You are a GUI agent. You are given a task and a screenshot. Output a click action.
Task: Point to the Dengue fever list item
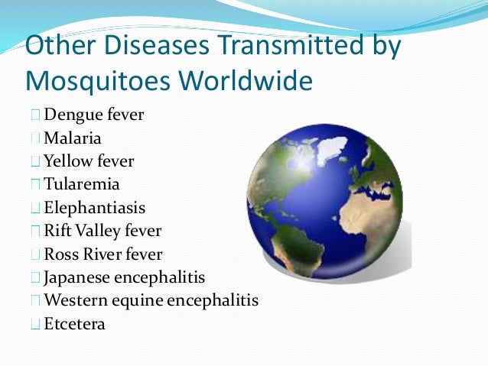point(93,116)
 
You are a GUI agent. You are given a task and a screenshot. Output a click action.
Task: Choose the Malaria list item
point(73,139)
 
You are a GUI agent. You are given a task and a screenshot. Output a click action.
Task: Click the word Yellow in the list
point(67,162)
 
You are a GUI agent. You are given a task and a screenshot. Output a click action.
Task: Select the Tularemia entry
point(82,185)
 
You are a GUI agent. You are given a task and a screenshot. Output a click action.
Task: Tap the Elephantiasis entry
point(94,208)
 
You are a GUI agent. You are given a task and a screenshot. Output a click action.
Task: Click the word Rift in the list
point(57,231)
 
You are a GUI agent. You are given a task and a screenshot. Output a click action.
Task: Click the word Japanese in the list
point(76,277)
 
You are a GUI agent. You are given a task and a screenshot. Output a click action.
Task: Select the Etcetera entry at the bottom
point(74,323)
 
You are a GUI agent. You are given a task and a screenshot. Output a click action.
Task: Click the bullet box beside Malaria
point(37,139)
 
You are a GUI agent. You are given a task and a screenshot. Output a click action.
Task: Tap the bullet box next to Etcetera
point(37,323)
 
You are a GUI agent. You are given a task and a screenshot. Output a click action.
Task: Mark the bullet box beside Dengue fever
point(37,116)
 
